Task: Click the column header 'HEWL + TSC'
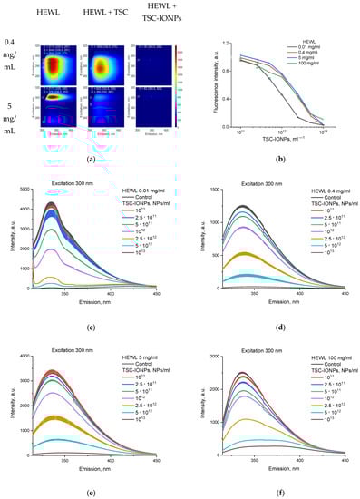coord(102,17)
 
